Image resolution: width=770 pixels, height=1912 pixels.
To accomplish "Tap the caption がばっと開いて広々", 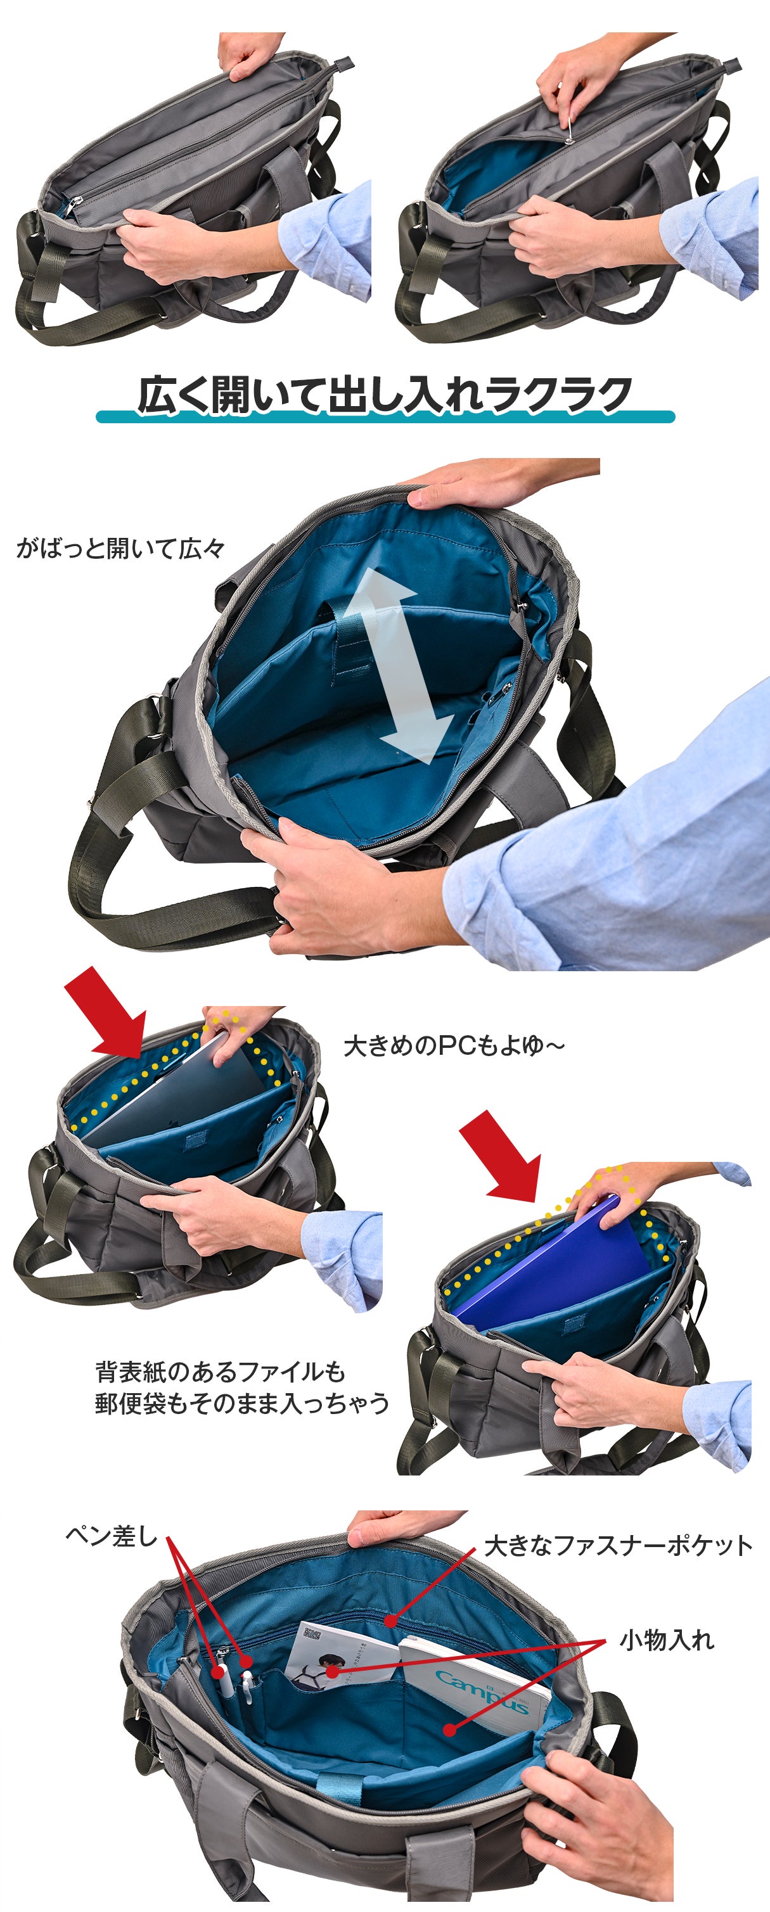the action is (120, 549).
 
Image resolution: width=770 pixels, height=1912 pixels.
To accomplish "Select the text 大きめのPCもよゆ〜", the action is (454, 1046).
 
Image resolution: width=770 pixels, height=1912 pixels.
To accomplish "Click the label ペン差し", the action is (112, 1535).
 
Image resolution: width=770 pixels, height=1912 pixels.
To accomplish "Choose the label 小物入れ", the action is (667, 1640).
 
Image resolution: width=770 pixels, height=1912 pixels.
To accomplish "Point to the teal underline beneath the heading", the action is (385, 416).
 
